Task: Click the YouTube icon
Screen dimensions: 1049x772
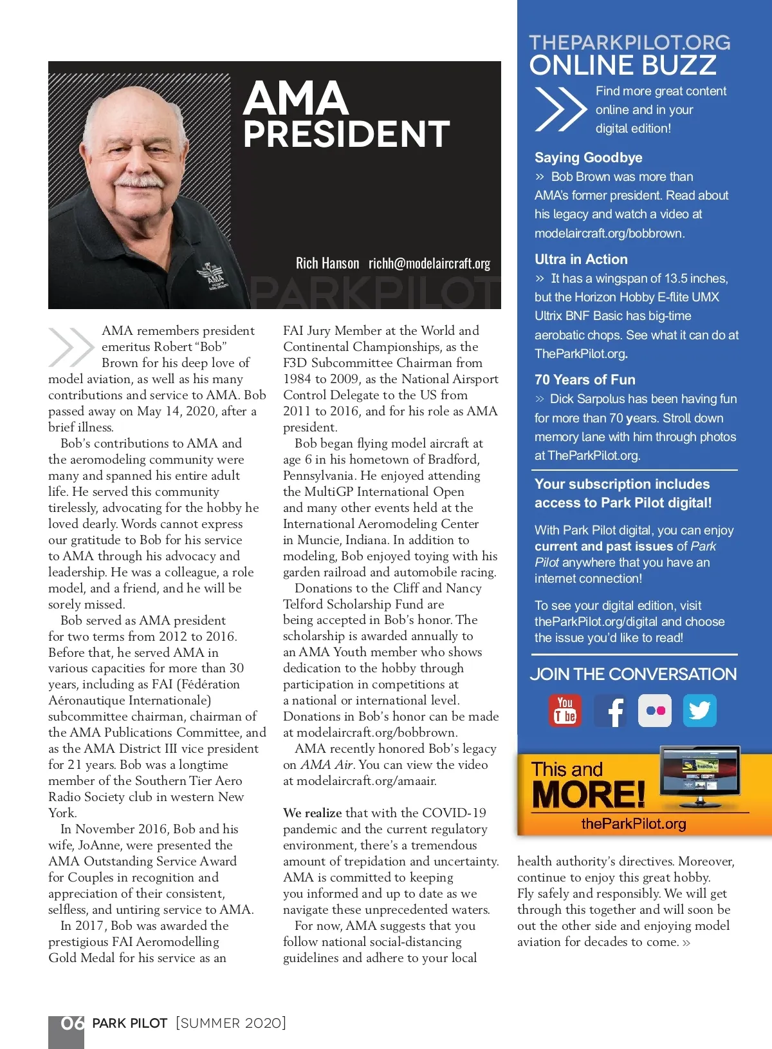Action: (x=565, y=710)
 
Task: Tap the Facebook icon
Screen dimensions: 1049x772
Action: (x=610, y=711)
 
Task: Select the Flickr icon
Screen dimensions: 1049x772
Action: (x=655, y=711)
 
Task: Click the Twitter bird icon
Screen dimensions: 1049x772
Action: (x=700, y=711)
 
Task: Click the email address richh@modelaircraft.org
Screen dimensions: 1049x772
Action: (x=429, y=263)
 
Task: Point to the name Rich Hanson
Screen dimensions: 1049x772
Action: (x=327, y=263)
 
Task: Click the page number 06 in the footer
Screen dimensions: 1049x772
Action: (x=72, y=1023)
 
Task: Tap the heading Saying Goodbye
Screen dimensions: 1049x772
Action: (x=588, y=158)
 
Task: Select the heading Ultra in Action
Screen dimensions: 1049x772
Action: (x=581, y=260)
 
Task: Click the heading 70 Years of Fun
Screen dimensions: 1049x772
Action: (x=585, y=380)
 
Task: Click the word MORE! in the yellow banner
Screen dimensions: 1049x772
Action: (x=588, y=795)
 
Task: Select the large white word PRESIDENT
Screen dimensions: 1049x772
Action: (x=346, y=134)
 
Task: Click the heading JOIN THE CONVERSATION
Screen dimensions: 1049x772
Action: (x=633, y=674)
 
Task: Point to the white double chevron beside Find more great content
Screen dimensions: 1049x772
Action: (x=559, y=109)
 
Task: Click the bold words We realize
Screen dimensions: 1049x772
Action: (x=313, y=813)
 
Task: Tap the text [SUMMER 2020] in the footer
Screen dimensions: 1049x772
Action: (x=231, y=1023)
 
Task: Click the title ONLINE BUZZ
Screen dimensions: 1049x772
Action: (x=623, y=65)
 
